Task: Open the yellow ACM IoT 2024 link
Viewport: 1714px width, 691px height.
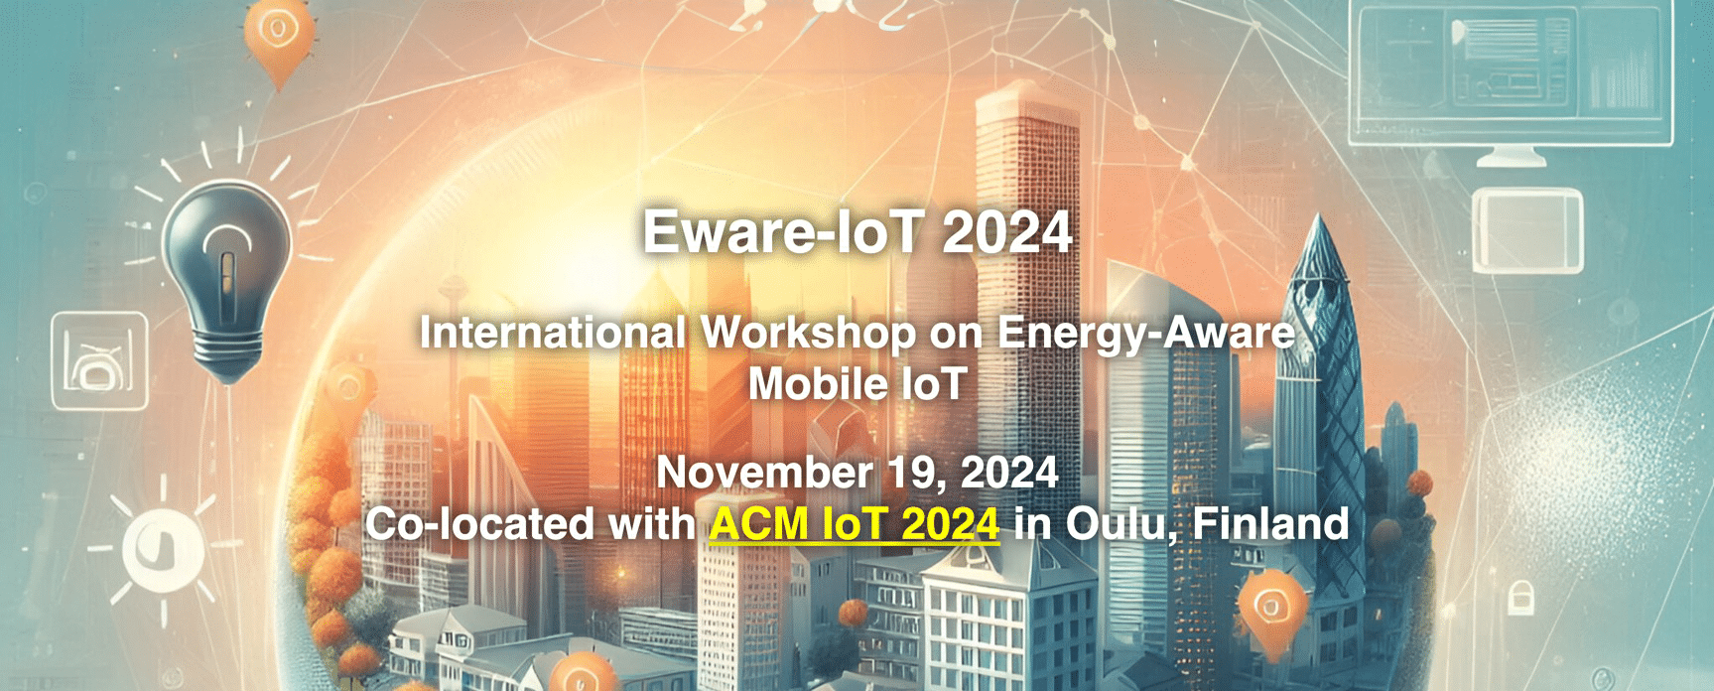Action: pos(855,523)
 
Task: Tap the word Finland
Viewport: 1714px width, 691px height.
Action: pos(1270,523)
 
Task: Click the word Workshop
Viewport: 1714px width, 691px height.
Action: pos(809,333)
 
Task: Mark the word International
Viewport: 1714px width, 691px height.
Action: pos(553,333)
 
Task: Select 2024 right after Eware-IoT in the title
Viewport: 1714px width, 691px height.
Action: pos(1007,232)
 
